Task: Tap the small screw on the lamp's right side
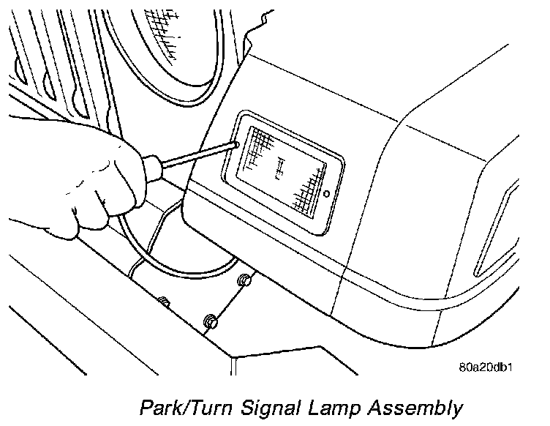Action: (327, 195)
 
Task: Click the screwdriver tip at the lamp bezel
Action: (235, 145)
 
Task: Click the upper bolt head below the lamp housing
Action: (244, 280)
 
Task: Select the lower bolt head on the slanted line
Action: (210, 320)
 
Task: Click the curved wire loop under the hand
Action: (146, 249)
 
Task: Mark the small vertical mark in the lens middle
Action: (278, 170)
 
